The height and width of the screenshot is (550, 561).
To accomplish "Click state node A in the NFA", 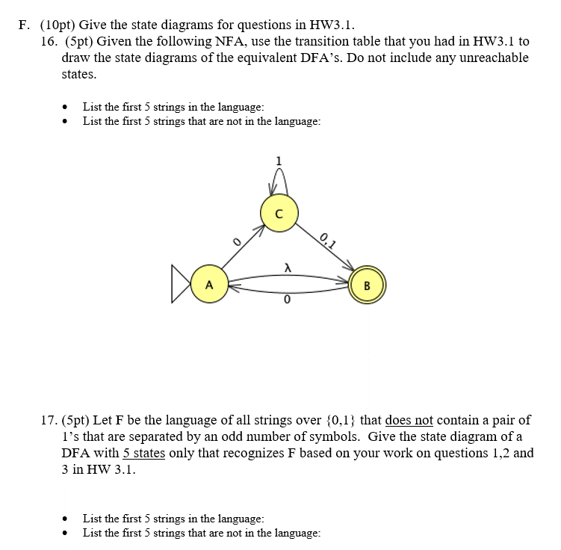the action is [x=209, y=285].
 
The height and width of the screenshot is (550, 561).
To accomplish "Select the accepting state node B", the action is [x=367, y=285].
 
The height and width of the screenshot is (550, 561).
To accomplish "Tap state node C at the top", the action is [x=279, y=213].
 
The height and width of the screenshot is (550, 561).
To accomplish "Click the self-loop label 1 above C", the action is [x=279, y=161].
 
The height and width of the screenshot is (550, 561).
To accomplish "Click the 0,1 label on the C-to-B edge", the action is [x=329, y=241].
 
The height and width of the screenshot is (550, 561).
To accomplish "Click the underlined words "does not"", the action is [x=409, y=421].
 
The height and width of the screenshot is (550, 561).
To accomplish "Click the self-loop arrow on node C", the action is [x=279, y=178].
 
